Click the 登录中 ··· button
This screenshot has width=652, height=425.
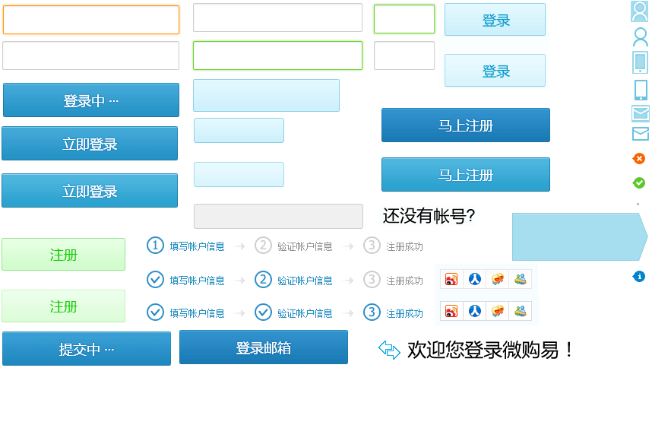click(x=91, y=100)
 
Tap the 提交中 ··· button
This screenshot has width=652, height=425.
click(x=87, y=349)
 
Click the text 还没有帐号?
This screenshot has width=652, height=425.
click(x=429, y=216)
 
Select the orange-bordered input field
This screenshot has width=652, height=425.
click(x=91, y=20)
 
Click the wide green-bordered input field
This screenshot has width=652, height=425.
click(x=277, y=56)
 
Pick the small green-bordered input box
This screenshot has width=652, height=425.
click(x=404, y=19)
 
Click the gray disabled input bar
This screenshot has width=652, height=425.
click(x=278, y=216)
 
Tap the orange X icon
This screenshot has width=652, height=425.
click(x=639, y=158)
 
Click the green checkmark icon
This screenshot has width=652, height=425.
click(x=639, y=182)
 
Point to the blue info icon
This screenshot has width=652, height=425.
click(x=639, y=276)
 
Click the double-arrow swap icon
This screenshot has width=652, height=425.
click(x=389, y=350)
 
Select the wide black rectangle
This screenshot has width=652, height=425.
click(x=483, y=350)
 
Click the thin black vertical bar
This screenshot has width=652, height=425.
click(x=568, y=350)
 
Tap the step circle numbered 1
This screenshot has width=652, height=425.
click(x=155, y=246)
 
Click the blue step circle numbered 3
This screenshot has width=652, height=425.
click(x=372, y=312)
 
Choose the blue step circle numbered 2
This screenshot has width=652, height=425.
click(x=263, y=279)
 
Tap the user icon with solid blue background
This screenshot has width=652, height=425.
click(x=640, y=11)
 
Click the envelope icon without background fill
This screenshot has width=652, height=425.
click(x=640, y=134)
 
